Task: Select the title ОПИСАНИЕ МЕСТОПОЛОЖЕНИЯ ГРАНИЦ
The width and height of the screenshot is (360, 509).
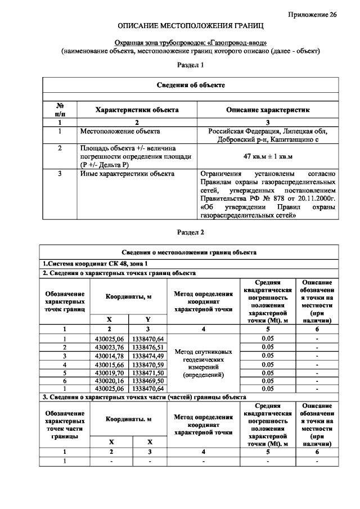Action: click(x=190, y=26)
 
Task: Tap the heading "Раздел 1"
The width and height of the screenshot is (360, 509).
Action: click(x=190, y=65)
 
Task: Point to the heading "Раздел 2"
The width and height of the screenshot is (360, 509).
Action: click(x=190, y=232)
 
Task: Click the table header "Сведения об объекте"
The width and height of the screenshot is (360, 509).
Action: click(x=191, y=85)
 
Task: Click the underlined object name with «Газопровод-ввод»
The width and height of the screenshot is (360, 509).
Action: click(x=190, y=43)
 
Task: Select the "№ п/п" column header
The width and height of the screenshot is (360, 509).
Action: click(x=60, y=110)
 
